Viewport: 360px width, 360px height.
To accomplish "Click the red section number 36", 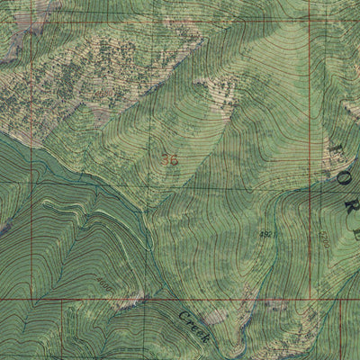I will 170,159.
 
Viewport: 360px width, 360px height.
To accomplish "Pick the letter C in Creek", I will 182,316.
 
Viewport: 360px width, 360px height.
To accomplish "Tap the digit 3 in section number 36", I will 166,159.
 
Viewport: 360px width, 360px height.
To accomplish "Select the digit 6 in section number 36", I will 174,159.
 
